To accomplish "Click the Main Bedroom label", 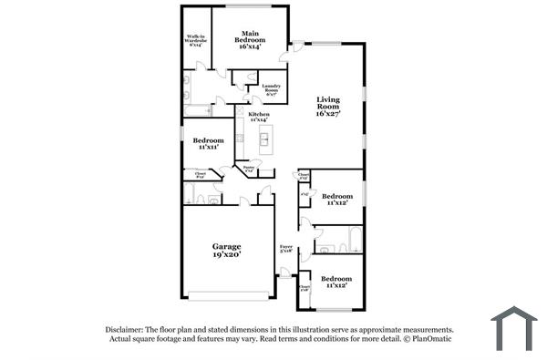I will click(249, 40).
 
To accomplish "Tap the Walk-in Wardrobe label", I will click(195, 41).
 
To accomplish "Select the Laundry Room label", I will click(271, 90).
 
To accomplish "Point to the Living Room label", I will click(327, 107).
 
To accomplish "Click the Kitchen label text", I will click(259, 116).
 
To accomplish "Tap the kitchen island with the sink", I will click(264, 139).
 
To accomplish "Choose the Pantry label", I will click(249, 169).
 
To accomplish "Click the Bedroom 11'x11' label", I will click(209, 143).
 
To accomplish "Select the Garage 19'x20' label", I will click(227, 251).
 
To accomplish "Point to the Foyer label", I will click(286, 248).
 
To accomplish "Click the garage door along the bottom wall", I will click(228, 295).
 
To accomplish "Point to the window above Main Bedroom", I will click(249, 6).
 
